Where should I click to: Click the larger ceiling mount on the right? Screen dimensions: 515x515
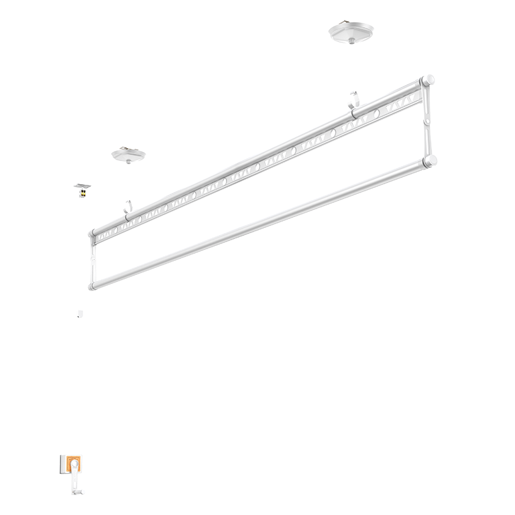[349, 32]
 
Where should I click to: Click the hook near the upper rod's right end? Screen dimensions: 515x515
[353, 102]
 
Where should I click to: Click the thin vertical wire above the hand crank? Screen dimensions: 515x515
[79, 386]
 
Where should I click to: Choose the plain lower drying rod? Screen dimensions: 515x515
[257, 223]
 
